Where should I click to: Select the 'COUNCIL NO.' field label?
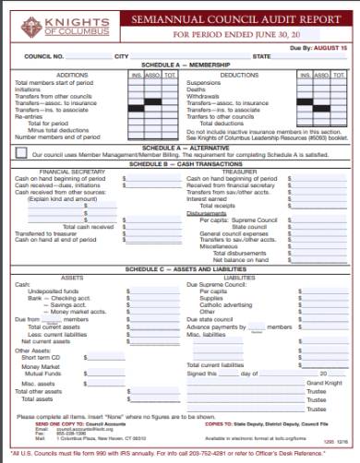point(44,57)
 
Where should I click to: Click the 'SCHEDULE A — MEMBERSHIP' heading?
point(180,66)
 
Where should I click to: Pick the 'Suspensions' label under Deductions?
point(206,82)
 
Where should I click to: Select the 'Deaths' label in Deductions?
point(198,89)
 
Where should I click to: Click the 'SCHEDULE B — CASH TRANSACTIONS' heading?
point(180,162)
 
